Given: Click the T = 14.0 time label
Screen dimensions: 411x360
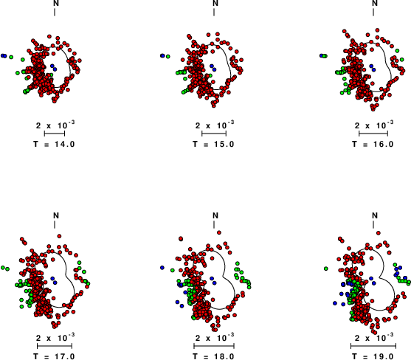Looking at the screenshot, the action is point(55,144).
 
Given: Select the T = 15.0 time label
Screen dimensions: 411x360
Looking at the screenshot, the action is point(214,144).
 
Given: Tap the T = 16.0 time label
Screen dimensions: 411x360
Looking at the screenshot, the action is point(373,144).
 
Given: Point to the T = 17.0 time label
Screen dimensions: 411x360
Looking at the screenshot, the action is point(55,356).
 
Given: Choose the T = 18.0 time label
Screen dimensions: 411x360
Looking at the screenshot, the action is point(214,356).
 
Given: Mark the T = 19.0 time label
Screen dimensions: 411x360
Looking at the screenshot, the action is point(373,356).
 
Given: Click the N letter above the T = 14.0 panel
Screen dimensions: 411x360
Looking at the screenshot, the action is point(56,3).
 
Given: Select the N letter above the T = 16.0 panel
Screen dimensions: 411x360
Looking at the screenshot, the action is point(375,3).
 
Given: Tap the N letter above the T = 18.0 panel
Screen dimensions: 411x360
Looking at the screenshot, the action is point(215,215).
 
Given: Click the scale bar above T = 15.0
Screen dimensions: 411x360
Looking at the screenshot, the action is point(214,134).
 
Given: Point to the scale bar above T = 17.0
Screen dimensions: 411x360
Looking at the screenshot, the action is point(55,346).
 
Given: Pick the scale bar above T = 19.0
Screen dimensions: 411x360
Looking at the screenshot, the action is point(373,346).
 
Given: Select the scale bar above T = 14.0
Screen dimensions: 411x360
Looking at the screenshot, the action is point(55,134).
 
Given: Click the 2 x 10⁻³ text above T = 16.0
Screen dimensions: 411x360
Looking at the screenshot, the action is point(374,125).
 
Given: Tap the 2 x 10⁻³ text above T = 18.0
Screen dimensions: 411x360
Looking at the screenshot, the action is point(215,337).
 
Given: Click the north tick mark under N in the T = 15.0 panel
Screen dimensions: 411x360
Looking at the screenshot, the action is point(214,12).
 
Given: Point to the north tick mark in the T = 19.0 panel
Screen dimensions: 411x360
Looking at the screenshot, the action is point(373,224).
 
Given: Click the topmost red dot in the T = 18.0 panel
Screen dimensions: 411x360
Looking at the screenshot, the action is point(219,232).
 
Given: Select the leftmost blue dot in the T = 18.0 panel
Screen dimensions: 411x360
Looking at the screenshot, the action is point(162,268).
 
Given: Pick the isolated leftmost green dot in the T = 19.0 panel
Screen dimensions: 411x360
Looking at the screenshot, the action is point(326,269).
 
